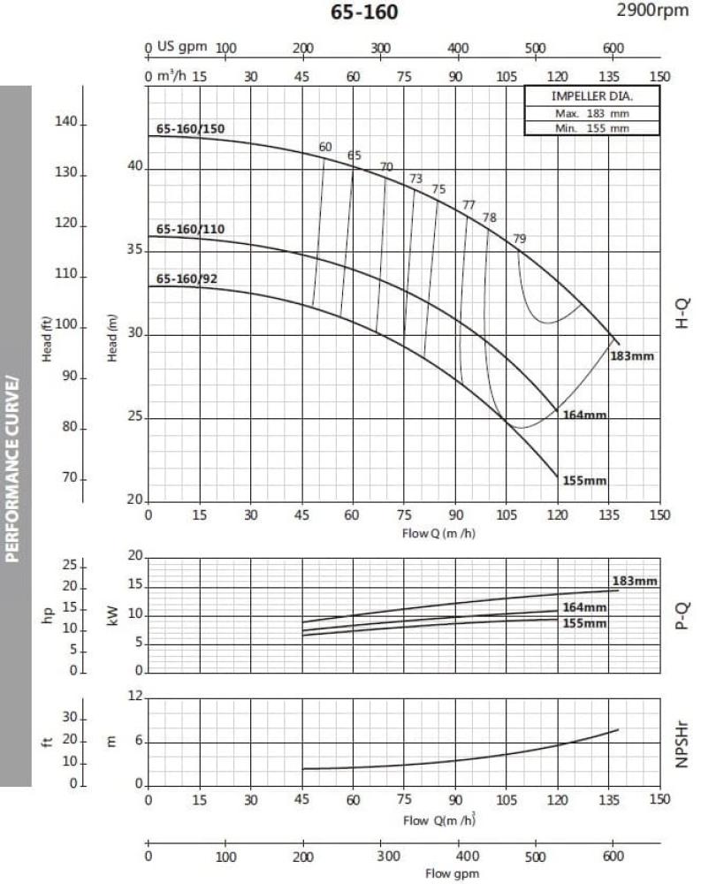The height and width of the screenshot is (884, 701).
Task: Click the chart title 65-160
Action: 364,12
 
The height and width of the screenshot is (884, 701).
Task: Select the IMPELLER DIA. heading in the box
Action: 592,95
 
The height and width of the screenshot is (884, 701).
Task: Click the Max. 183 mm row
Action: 592,113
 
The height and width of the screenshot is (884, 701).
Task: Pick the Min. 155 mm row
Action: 592,127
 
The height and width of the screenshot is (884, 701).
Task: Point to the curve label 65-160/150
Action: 191,128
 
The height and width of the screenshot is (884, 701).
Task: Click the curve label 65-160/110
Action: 191,230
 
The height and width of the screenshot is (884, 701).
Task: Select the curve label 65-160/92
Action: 187,279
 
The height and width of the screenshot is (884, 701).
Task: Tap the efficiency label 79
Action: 520,239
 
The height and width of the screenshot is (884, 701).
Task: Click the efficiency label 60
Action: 325,147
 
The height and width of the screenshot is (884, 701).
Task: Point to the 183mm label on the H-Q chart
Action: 632,358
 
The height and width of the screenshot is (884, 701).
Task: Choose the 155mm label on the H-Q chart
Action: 584,480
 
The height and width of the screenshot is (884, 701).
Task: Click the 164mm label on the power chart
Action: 585,607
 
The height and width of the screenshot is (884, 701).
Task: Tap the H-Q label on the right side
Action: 682,314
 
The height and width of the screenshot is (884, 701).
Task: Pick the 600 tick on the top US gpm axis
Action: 613,49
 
